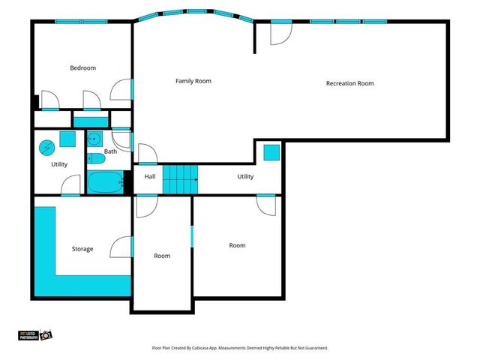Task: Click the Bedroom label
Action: (x=82, y=68)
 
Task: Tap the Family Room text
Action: (x=193, y=81)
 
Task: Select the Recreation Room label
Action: (x=349, y=83)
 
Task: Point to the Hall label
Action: (x=150, y=177)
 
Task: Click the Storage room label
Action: (x=82, y=249)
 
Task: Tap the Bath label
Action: (x=110, y=151)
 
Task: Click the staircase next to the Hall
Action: (x=180, y=180)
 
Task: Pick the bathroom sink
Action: (x=95, y=139)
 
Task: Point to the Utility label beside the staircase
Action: (x=245, y=177)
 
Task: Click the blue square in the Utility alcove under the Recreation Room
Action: (x=271, y=152)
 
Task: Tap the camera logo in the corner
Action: (x=46, y=334)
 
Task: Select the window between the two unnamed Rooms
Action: (x=193, y=235)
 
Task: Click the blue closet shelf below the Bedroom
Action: (x=91, y=121)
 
